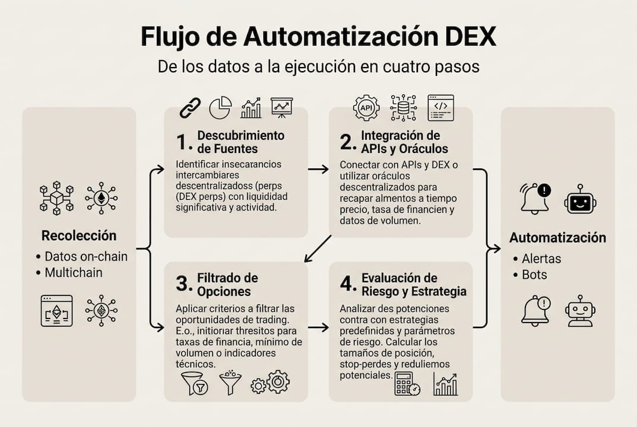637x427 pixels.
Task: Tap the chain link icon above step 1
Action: point(191,108)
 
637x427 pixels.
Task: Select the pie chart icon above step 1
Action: point(220,108)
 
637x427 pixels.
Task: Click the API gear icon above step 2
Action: point(366,108)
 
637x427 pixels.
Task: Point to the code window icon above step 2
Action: point(440,108)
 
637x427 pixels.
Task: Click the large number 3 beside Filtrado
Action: point(183,284)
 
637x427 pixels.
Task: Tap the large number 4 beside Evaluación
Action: point(347,284)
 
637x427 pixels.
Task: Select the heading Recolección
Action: point(79,235)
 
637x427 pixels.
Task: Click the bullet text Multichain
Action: point(74,273)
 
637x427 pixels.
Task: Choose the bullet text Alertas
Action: point(541,259)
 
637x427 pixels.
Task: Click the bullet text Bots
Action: point(534,275)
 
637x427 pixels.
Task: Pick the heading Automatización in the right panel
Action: point(557,238)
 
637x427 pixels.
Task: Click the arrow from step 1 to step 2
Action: point(318,170)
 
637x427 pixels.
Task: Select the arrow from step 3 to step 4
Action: point(318,327)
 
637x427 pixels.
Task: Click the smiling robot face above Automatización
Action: point(579,199)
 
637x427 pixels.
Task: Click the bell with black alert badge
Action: point(535,198)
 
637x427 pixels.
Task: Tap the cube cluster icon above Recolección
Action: point(56,197)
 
